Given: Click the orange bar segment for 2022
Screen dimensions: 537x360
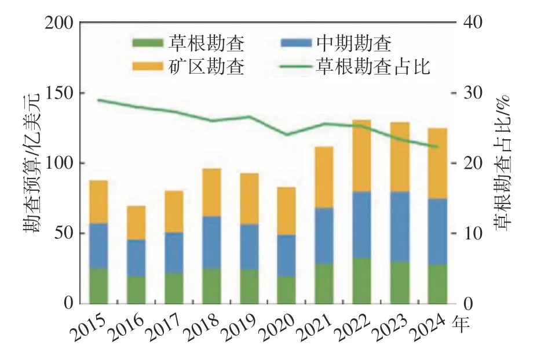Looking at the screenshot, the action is click(x=361, y=156).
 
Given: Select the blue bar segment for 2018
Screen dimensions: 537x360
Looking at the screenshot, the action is click(x=211, y=242).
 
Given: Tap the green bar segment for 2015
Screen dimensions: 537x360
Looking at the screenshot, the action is click(x=98, y=286).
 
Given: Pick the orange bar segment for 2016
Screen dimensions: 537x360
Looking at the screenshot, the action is click(x=136, y=223).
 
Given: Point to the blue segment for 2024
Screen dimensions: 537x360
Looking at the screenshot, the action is click(x=437, y=231).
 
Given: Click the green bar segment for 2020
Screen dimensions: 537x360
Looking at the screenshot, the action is click(x=286, y=290).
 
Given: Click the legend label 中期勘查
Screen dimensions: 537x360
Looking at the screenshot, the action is click(x=354, y=43).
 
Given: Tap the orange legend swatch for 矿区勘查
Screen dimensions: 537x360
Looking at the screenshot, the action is click(x=148, y=66).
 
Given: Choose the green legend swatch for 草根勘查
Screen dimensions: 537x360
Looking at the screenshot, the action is click(x=148, y=43).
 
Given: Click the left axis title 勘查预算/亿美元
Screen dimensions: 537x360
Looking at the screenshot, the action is click(x=31, y=163).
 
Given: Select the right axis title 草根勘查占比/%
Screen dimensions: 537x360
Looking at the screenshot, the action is click(x=502, y=161).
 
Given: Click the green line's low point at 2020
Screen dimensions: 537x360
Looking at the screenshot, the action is click(x=287, y=134).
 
